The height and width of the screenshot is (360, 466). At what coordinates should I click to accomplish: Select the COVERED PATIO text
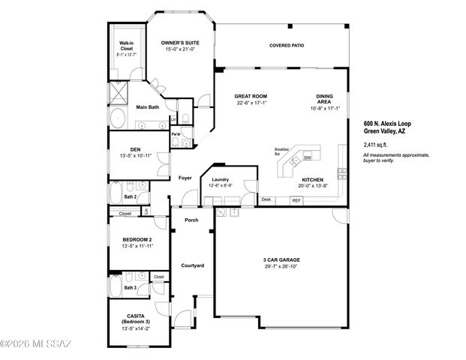tap(287, 45)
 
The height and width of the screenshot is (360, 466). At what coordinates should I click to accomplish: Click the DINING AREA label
tap(324, 99)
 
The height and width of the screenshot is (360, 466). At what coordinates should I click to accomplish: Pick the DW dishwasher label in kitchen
tap(307, 158)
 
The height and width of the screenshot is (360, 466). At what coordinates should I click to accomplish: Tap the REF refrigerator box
tap(296, 200)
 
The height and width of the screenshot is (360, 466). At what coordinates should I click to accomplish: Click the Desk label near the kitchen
tap(266, 199)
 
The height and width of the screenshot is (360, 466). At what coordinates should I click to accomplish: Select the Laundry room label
tap(220, 180)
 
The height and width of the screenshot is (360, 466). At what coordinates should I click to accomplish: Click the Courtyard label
tap(192, 266)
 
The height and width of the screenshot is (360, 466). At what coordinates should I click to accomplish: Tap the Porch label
tap(191, 220)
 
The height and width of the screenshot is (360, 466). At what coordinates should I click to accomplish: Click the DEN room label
tap(135, 148)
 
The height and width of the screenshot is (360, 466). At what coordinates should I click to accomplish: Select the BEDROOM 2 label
tap(137, 240)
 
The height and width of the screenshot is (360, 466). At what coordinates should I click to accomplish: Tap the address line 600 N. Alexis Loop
tap(387, 123)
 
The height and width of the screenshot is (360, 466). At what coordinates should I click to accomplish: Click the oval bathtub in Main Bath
tap(119, 118)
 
